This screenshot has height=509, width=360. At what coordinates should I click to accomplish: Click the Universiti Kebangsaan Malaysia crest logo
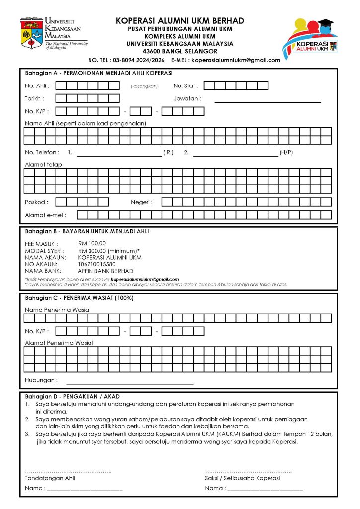tap(31, 33)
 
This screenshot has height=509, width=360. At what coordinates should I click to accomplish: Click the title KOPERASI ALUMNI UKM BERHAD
tap(180, 21)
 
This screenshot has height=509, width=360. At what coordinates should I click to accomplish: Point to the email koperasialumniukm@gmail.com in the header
tap(236, 60)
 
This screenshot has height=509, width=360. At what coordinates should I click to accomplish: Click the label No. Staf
tap(185, 86)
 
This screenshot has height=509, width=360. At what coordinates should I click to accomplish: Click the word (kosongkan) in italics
tap(144, 86)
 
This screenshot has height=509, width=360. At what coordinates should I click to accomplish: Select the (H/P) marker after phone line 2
tap(286, 152)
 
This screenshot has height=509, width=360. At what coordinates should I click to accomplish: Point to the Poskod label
tap(37, 202)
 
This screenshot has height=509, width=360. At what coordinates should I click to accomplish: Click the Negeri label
tap(142, 202)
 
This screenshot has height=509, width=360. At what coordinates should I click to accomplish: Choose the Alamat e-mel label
tap(45, 215)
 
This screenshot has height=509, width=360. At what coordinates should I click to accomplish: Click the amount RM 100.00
tap(92, 244)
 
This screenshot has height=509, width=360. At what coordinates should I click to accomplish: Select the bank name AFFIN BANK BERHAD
tap(105, 271)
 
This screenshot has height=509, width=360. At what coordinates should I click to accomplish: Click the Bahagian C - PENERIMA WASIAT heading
tap(79, 298)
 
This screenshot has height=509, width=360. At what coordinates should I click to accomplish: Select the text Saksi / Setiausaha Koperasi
tap(242, 478)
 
